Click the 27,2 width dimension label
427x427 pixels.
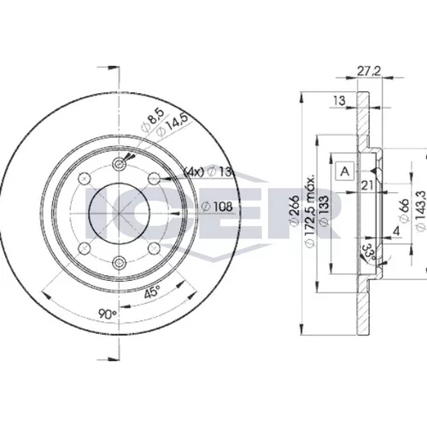(369, 71)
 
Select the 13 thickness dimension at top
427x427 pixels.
(340, 101)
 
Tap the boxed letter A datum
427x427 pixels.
(345, 172)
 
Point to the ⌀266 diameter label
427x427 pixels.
(295, 211)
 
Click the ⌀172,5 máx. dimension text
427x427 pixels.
(311, 211)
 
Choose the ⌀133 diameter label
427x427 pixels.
(324, 211)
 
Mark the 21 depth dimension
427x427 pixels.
(367, 185)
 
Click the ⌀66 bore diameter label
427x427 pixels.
(404, 210)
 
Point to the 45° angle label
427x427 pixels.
(152, 292)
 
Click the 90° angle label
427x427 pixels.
(108, 313)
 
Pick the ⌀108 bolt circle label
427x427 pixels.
(217, 207)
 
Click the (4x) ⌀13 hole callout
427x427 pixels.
(208, 172)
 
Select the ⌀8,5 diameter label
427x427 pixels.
(153, 120)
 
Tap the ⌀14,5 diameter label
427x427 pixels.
(173, 126)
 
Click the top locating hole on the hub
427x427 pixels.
(119, 164)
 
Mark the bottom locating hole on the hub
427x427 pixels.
(119, 262)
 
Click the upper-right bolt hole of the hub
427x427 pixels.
(154, 178)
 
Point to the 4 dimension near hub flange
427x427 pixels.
(396, 231)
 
